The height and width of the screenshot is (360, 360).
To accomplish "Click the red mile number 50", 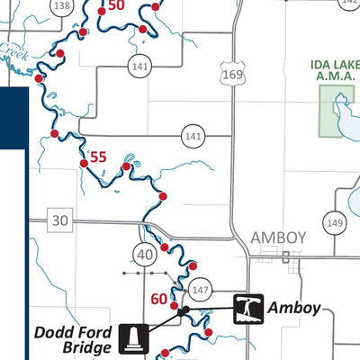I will coord(116,5).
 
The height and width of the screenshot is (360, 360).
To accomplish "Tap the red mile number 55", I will coord(98,157).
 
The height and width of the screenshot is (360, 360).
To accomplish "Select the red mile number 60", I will coord(158,300).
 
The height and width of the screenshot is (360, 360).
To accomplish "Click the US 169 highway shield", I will coord(232,74).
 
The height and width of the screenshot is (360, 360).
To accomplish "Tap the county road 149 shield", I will coord(335,223).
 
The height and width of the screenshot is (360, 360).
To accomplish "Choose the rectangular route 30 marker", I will coord(60,220).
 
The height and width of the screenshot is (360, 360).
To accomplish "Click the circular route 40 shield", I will coord(146,255).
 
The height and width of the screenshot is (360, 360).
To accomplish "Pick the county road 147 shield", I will coord(201,290).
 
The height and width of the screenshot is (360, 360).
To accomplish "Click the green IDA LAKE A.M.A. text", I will coord(336,71).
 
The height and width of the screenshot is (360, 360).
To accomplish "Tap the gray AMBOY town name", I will coord(278,238).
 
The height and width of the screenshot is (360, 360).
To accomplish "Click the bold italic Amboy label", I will coord(293,308).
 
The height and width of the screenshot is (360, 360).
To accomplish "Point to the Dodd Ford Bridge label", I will coord(73,338).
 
